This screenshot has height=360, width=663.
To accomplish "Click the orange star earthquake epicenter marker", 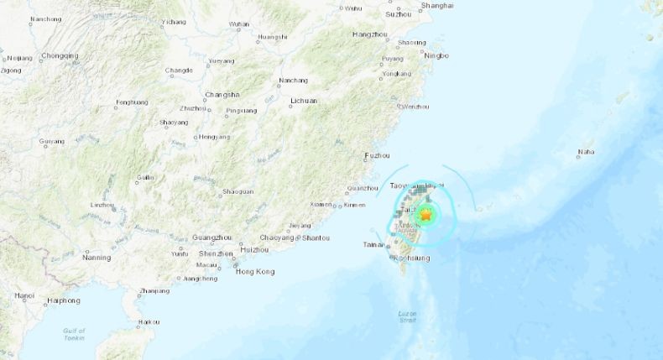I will pos(426,216).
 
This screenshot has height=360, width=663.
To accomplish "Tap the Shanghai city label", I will pos(436,5).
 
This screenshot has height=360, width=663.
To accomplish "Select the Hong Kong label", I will pos(254,271).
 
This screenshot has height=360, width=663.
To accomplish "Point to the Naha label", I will pos(586,153).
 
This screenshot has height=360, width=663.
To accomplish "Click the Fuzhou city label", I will pos(377,156).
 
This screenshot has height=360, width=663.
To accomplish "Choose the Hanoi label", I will pos(23,296).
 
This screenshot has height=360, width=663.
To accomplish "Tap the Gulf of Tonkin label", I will pos(75,335).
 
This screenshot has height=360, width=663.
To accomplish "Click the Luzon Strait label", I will pos(408,317).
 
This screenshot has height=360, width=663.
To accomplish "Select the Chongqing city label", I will pos(60,56).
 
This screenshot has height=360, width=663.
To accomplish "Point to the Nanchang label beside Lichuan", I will pos(293,81).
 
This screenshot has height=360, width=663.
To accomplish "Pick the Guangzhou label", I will pos(211,238).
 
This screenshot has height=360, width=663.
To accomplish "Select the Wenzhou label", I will pos(415,107).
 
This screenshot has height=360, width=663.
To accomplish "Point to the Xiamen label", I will pos(321,205).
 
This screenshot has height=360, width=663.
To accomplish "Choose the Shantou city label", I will pos(315,238).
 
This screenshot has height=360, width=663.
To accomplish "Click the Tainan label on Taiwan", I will pos(373,245).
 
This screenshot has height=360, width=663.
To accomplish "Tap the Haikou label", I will pos(149,321).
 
